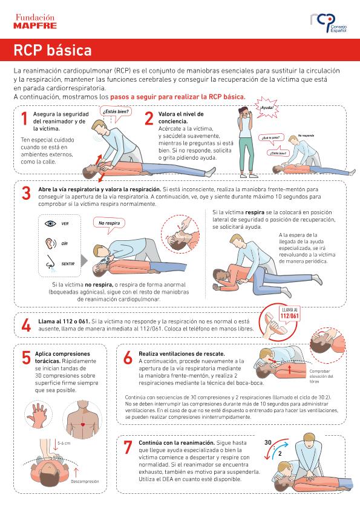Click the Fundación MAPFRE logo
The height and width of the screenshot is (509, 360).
point(35,21)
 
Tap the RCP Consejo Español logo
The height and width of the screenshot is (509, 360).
point(329,23)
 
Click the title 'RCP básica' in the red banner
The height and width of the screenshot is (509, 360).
point(53,50)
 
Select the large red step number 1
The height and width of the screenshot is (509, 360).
point(24,119)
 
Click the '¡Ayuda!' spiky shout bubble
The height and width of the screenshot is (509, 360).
point(266,108)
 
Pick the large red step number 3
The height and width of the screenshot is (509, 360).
point(26,194)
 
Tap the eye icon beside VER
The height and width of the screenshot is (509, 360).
point(50,223)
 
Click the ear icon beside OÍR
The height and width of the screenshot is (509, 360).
point(49,243)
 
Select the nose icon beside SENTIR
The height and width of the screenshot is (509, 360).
point(50,262)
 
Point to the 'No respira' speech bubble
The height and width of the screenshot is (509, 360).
point(110,225)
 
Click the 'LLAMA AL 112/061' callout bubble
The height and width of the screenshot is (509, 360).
point(289,315)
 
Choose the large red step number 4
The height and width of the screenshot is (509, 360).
point(26,326)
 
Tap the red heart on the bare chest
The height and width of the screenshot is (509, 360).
point(83,424)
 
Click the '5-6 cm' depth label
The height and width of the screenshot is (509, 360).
point(64,443)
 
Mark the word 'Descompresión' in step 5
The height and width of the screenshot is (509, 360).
point(85,481)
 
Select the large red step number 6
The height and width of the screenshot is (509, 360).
point(128,358)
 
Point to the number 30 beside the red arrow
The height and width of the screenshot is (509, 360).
point(268,442)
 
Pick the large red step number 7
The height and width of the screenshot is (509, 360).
point(128,447)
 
